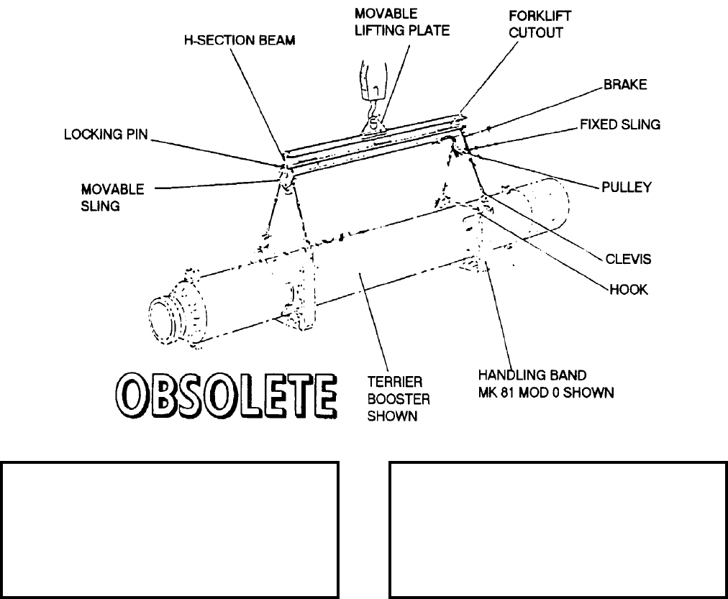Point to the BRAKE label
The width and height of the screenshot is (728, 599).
tap(625, 85)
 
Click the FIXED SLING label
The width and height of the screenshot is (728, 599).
tap(620, 124)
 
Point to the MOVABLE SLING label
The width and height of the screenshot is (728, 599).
tap(112, 197)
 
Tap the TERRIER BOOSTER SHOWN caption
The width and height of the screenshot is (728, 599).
tap(392, 395)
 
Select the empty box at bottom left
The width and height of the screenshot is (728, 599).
tap(170, 530)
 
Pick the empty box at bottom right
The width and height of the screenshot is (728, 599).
tap(558, 530)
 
